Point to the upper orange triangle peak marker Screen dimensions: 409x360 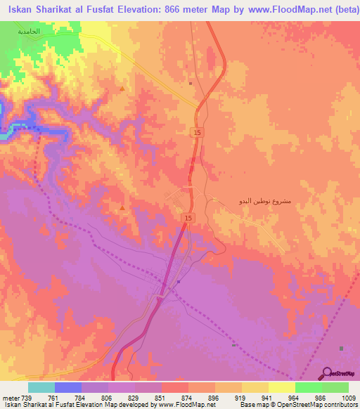(122, 89)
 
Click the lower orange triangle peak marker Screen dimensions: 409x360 (123, 208)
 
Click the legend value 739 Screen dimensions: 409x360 (26, 397)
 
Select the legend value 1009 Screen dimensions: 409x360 (349, 397)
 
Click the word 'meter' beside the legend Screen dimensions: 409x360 (10, 397)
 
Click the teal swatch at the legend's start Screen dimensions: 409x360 (41, 387)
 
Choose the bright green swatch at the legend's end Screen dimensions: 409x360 (335, 387)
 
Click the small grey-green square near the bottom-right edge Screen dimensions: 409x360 (342, 349)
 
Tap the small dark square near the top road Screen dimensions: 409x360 (190, 82)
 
